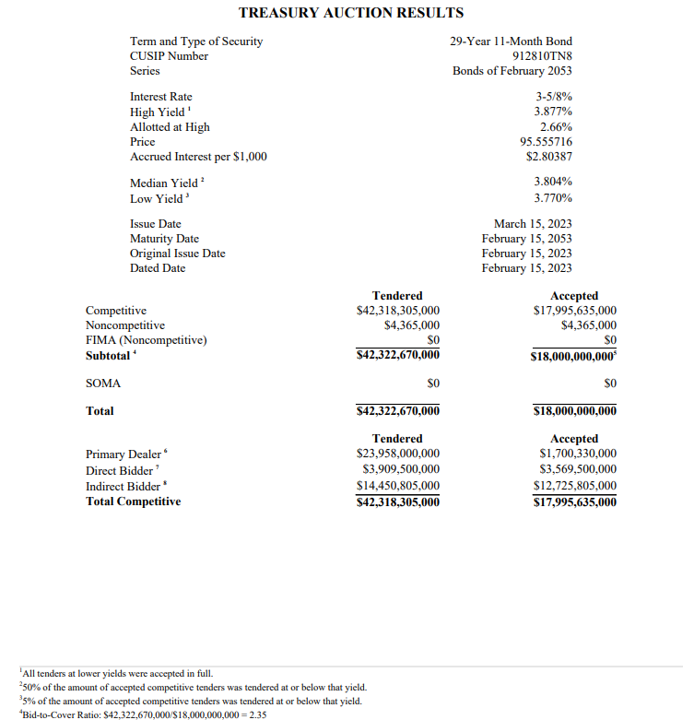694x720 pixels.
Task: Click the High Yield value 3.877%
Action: (x=553, y=112)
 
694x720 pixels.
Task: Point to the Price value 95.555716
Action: (x=546, y=142)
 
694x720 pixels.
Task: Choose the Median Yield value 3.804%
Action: (x=553, y=183)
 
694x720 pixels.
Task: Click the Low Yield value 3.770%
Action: (x=553, y=198)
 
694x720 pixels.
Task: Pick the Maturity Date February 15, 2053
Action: (x=526, y=239)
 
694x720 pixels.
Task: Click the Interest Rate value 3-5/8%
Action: (x=554, y=97)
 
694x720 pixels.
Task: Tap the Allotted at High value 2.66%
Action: (x=556, y=127)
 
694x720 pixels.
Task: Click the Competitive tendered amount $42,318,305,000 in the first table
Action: (x=397, y=311)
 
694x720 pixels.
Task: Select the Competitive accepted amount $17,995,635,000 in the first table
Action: (x=575, y=311)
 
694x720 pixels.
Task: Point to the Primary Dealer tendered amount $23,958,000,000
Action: (x=397, y=454)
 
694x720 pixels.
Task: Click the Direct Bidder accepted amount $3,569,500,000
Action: (x=578, y=469)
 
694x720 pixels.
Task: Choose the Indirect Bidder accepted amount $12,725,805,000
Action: (x=575, y=486)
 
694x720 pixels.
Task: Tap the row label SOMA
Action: (x=103, y=383)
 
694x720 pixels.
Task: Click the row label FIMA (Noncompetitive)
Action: (x=146, y=340)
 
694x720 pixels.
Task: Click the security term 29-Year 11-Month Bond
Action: (x=511, y=41)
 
